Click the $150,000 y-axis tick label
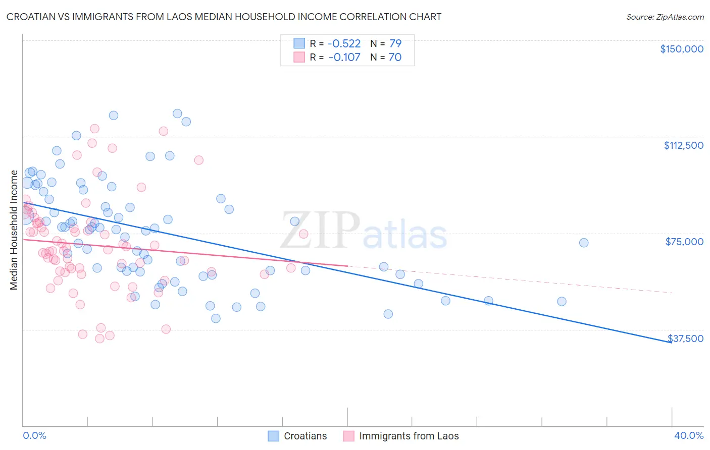(681, 49)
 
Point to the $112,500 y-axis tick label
(683, 145)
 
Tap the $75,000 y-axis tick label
(684, 242)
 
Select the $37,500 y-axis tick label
(685, 339)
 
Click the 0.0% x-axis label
(34, 435)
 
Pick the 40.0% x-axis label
(688, 435)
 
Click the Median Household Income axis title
(14, 230)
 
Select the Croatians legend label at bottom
(305, 436)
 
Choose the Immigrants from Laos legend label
(409, 436)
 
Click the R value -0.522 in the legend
(344, 43)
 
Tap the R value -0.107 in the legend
(344, 57)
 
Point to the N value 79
(395, 43)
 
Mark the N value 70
(395, 57)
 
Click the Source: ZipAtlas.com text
(665, 17)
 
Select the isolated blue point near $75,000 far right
(583, 243)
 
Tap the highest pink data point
(94, 129)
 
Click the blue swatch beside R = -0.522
(299, 43)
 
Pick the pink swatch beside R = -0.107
(299, 57)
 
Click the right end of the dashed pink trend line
(672, 293)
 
